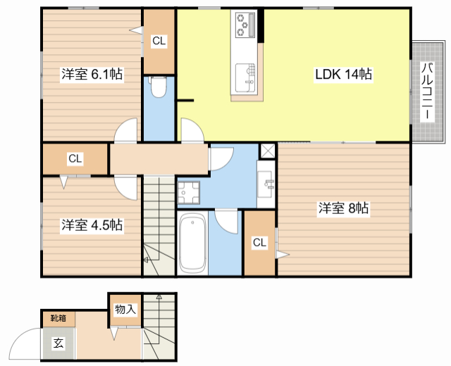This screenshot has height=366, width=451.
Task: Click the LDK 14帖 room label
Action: pyautogui.click(x=343, y=75)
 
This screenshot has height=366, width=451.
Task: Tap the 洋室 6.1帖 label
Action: pyautogui.click(x=92, y=74)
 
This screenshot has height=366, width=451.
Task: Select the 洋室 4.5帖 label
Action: pyautogui.click(x=92, y=225)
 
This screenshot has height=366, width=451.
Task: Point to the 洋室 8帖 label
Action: pyautogui.click(x=343, y=208)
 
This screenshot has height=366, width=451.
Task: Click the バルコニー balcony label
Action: pyautogui.click(x=427, y=91)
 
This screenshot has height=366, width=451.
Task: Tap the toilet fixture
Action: pyautogui.click(x=158, y=87)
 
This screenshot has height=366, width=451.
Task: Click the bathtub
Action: pyautogui.click(x=192, y=243)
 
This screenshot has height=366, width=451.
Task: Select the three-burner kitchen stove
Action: pyautogui.click(x=246, y=25)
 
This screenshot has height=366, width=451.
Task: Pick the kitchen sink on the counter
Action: pyautogui.click(x=245, y=78)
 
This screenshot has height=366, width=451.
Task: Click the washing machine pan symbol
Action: pyautogui.click(x=189, y=192)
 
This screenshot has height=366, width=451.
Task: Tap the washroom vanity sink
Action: pyautogui.click(x=266, y=184)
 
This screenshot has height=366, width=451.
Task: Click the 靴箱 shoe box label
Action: pyautogui.click(x=58, y=318)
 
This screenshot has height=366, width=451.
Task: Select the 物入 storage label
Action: pyautogui.click(x=125, y=310)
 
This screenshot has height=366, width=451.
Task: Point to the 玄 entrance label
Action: pyautogui.click(x=58, y=343)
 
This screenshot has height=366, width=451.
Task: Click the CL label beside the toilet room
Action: pyautogui.click(x=159, y=41)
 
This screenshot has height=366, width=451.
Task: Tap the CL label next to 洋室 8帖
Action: pyautogui.click(x=260, y=243)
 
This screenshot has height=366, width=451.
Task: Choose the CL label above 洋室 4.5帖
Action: pyautogui.click(x=75, y=158)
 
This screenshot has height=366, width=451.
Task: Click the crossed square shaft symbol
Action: pyautogui.click(x=268, y=151)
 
